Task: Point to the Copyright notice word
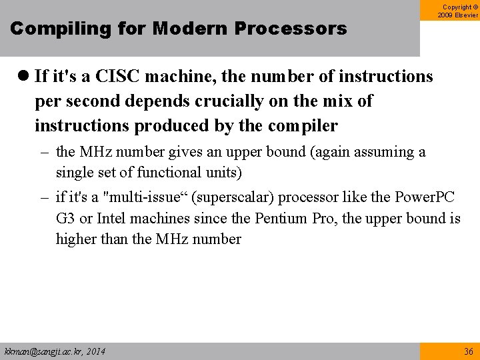pyautogui.click(x=455, y=6)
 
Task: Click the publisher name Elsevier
pyautogui.click(x=465, y=15)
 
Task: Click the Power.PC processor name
pyautogui.click(x=425, y=197)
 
